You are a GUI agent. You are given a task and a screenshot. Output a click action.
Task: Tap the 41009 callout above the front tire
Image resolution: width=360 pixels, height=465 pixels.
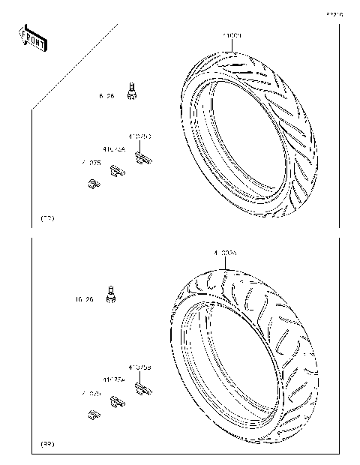(231, 36)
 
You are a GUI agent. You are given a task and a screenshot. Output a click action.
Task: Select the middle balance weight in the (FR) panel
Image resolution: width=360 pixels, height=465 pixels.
(116, 171)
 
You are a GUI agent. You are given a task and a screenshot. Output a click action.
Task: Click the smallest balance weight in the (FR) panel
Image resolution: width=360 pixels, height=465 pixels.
(91, 182)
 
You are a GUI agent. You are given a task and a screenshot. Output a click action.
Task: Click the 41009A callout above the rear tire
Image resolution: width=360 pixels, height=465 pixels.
(224, 254)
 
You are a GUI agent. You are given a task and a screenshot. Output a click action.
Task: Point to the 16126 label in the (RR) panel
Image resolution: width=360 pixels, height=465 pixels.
(84, 300)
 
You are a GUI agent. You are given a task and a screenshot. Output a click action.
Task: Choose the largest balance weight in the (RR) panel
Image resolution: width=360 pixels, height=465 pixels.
(143, 388)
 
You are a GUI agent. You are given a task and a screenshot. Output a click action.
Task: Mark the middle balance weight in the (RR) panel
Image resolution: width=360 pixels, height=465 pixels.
(116, 402)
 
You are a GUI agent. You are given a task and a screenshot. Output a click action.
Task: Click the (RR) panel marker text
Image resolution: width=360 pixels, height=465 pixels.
(46, 445)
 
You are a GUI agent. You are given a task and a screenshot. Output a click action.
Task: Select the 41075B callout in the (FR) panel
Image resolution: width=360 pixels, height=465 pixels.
(140, 137)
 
